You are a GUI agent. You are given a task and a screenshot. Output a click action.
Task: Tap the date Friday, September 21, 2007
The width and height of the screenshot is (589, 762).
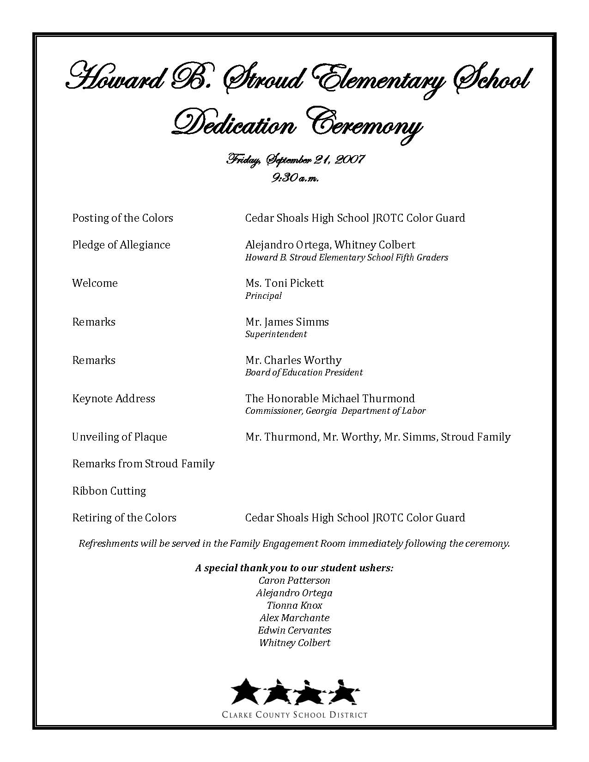pos(295,160)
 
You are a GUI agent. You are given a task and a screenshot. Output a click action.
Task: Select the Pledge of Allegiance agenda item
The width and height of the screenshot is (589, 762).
pos(121,245)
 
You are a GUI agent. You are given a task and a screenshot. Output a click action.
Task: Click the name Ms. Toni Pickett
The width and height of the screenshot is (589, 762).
pos(285,283)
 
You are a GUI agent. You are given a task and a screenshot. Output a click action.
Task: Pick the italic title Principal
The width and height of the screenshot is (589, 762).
pos(263,296)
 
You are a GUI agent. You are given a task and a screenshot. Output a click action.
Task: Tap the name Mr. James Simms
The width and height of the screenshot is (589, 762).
pos(287,322)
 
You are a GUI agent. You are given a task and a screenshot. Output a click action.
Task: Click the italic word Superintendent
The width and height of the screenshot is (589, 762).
pos(276,334)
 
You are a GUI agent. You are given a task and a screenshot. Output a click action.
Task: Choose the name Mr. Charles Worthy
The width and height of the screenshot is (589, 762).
pos(293,360)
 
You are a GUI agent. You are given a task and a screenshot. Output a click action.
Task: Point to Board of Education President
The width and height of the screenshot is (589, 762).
pos(304,372)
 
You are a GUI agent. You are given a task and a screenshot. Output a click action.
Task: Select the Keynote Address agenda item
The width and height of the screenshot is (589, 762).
pos(114,399)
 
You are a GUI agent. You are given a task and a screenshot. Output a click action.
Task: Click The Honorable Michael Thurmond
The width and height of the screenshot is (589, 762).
pos(330,399)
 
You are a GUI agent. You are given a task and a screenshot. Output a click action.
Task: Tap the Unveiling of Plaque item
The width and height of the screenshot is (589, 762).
pos(120,437)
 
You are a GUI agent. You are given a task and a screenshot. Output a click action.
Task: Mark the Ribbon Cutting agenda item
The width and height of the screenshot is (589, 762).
pos(109,491)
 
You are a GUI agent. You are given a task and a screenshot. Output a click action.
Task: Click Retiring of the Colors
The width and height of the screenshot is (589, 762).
pos(124,518)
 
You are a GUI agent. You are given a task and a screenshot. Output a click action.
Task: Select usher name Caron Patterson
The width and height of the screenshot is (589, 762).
pos(294,581)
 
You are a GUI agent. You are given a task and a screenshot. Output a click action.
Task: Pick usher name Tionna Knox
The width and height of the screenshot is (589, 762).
pos(294,605)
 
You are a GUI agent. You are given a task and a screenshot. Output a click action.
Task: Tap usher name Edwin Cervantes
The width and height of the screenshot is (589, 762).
pos(294,630)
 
